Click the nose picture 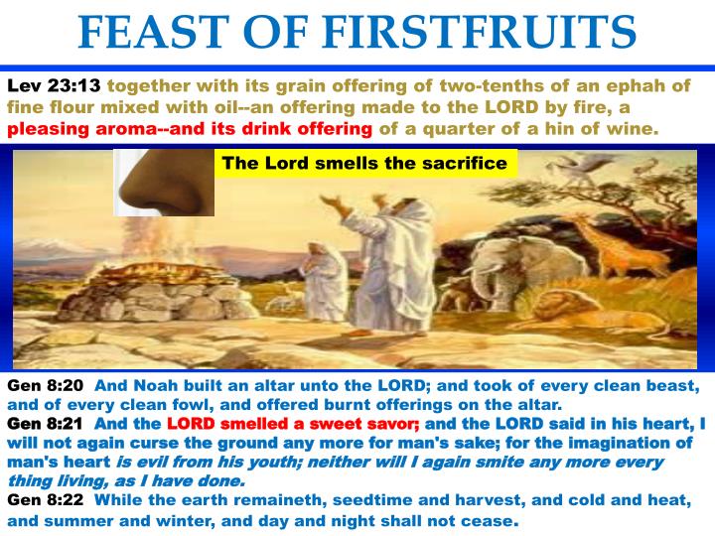164,184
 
